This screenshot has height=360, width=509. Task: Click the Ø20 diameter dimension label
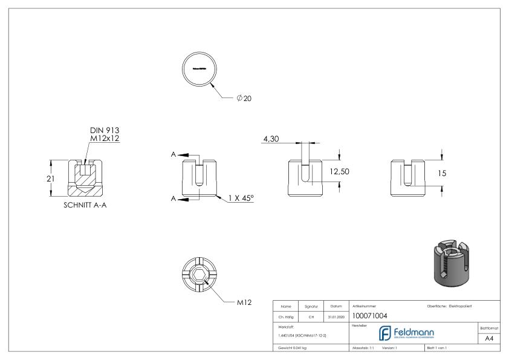(244, 99)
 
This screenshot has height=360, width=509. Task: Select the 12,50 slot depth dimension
(339, 172)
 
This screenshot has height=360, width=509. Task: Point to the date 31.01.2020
(335, 315)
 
